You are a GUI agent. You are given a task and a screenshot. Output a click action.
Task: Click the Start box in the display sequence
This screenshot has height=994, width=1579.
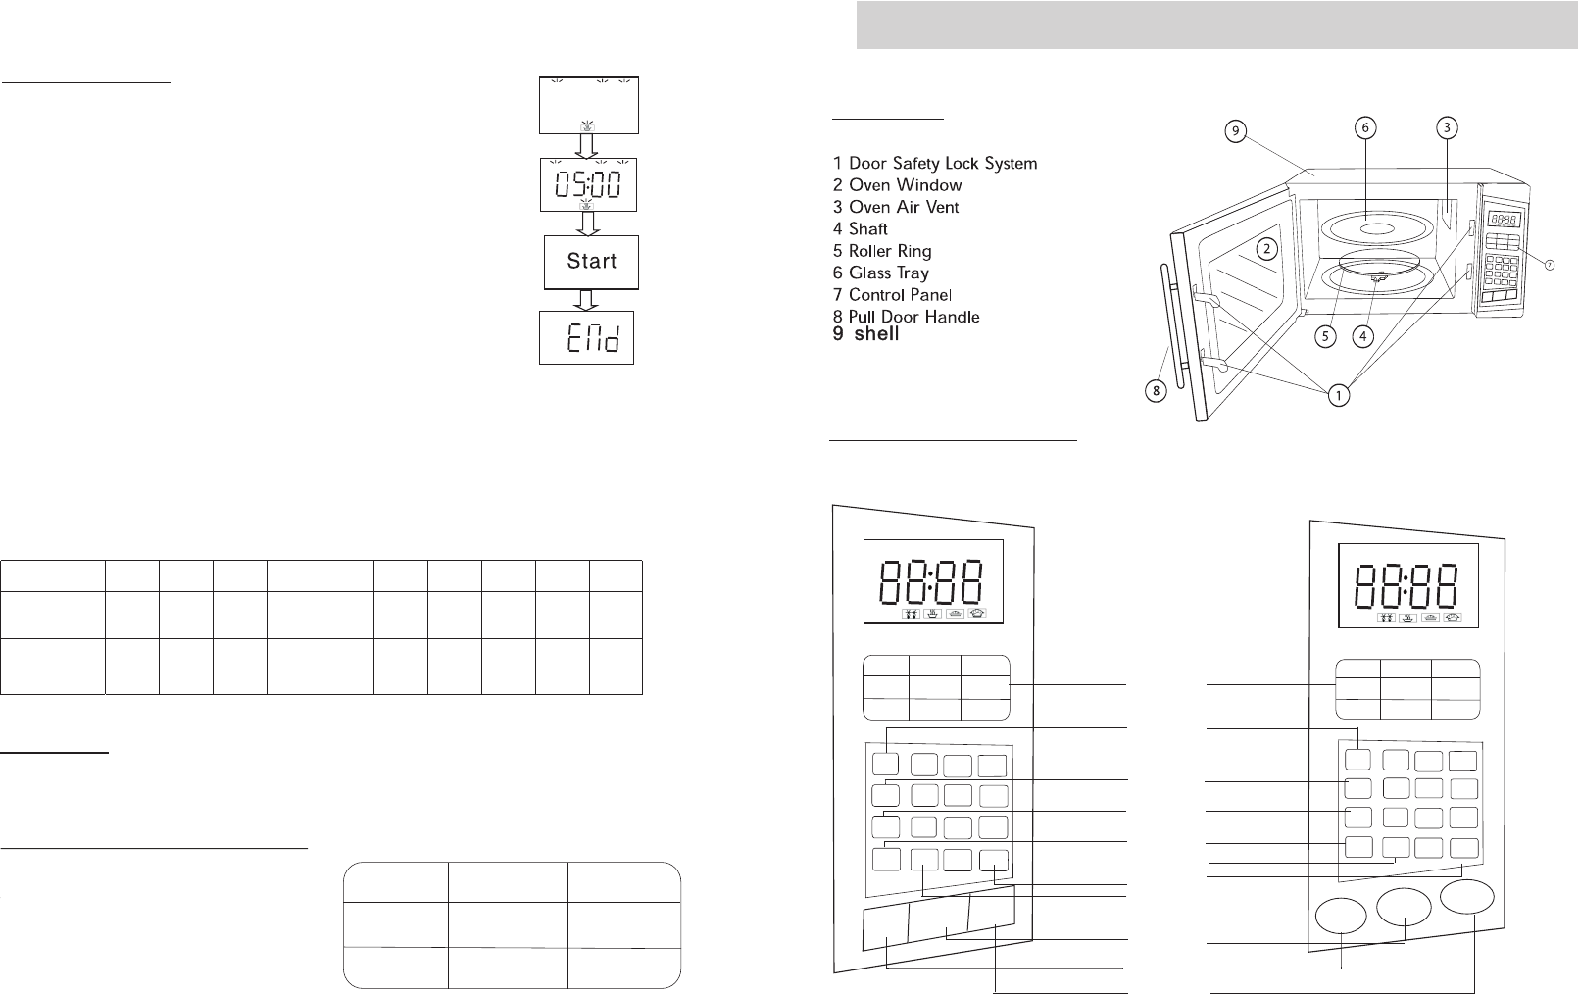click(591, 262)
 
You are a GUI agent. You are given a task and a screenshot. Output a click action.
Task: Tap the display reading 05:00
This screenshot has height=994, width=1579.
click(588, 184)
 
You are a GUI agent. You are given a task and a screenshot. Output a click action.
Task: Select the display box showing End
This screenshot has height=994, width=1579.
click(587, 338)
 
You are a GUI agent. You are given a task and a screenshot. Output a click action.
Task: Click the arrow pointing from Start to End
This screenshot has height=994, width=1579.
click(587, 300)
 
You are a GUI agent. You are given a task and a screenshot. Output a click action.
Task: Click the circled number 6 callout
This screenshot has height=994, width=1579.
click(1364, 127)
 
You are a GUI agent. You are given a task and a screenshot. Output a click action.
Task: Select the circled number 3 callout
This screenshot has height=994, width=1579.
click(1447, 127)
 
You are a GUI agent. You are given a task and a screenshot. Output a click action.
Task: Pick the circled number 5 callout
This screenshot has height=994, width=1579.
click(1325, 336)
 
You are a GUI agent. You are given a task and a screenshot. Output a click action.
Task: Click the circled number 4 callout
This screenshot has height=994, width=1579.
click(1362, 336)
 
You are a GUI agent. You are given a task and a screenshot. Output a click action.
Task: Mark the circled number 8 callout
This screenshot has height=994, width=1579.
click(1157, 391)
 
